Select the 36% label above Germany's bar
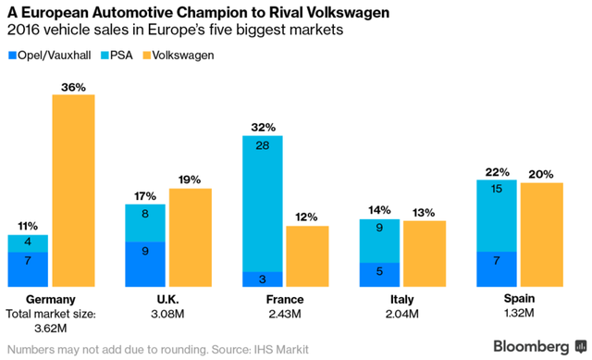(73, 87)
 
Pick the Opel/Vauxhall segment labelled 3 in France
(263, 279)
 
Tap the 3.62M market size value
(50, 329)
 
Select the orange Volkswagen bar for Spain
(541, 236)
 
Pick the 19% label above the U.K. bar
(190, 180)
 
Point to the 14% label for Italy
(379, 211)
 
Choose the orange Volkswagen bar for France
(307, 256)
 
